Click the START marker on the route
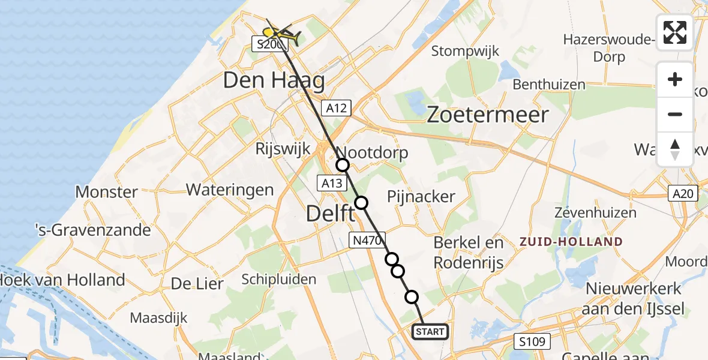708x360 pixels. (x=430, y=332)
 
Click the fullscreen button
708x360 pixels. (x=675, y=32)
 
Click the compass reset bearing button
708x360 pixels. (x=675, y=149)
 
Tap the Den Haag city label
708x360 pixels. (x=274, y=80)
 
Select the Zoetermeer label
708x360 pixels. (x=487, y=115)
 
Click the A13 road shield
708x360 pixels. (x=331, y=183)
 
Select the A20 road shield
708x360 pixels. (x=683, y=193)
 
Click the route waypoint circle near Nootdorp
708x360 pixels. (x=343, y=165)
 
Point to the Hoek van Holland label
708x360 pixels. (x=62, y=280)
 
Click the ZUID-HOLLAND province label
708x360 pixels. (x=571, y=242)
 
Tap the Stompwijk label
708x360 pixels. (x=465, y=51)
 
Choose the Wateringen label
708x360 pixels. (x=230, y=190)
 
